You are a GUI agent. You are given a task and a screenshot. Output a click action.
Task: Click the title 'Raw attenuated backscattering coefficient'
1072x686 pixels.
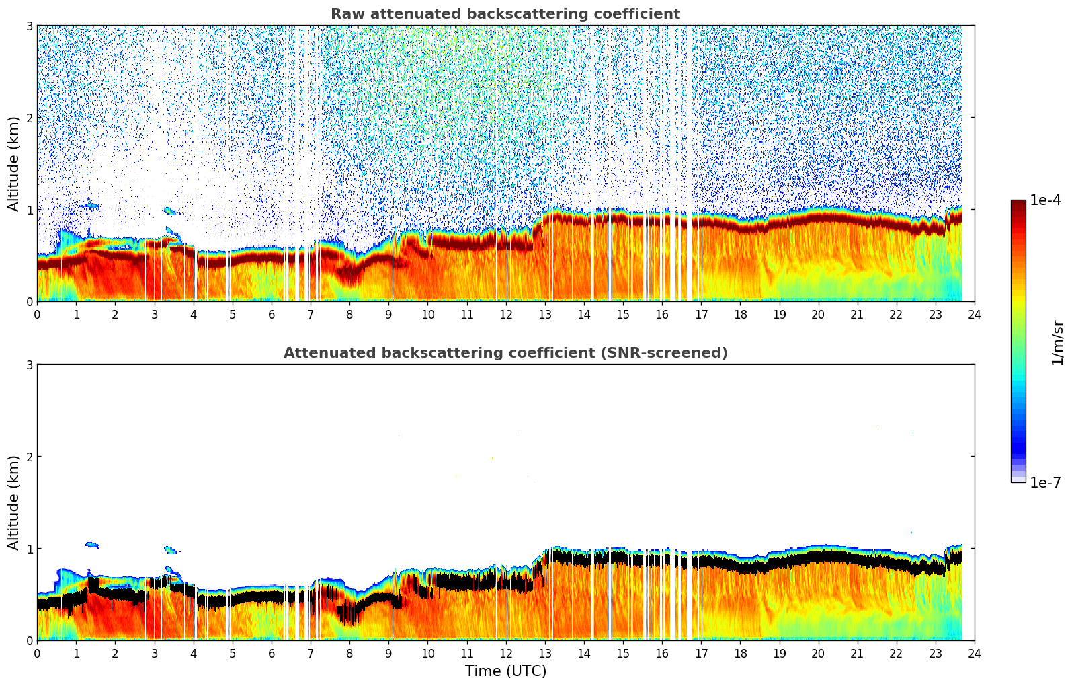click(x=505, y=14)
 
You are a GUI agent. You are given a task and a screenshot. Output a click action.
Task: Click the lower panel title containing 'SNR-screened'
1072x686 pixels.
click(x=505, y=353)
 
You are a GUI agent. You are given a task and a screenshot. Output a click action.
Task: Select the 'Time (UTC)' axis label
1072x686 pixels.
click(x=505, y=671)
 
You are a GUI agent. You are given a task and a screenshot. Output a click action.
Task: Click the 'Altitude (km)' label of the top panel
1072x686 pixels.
click(x=13, y=163)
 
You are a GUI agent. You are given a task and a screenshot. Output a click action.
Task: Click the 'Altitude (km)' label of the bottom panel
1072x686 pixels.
click(x=13, y=502)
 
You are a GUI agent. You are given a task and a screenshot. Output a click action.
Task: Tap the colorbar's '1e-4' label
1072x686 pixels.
click(x=1045, y=200)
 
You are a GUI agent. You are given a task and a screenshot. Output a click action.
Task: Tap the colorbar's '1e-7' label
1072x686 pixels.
click(x=1045, y=482)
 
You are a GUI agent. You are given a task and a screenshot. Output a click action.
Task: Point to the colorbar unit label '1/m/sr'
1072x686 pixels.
click(x=1057, y=342)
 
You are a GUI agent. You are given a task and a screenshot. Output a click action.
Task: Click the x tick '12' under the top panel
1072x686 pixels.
click(x=505, y=314)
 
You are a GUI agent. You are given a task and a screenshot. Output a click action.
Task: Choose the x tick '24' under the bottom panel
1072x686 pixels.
click(x=974, y=653)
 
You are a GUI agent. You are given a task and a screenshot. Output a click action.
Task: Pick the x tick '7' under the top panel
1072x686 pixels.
click(x=311, y=314)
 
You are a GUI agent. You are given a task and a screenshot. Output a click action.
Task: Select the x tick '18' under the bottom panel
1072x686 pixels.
click(x=740, y=653)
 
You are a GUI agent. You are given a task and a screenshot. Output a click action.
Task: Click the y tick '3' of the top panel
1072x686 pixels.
click(x=29, y=26)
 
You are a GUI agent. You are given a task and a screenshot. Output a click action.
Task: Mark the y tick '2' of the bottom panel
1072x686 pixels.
click(x=29, y=457)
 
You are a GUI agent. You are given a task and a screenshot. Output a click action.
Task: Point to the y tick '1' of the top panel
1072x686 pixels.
click(x=29, y=210)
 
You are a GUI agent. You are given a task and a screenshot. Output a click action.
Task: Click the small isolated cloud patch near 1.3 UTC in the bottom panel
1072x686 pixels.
click(x=92, y=545)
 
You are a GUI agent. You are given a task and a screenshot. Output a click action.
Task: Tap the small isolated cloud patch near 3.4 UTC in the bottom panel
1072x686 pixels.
click(x=170, y=550)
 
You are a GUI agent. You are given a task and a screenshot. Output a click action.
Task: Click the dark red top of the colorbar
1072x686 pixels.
click(x=1018, y=204)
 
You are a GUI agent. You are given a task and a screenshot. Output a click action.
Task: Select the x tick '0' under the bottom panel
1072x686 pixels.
click(x=37, y=653)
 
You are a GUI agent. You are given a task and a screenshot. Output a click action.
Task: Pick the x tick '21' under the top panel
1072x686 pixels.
click(x=857, y=314)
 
